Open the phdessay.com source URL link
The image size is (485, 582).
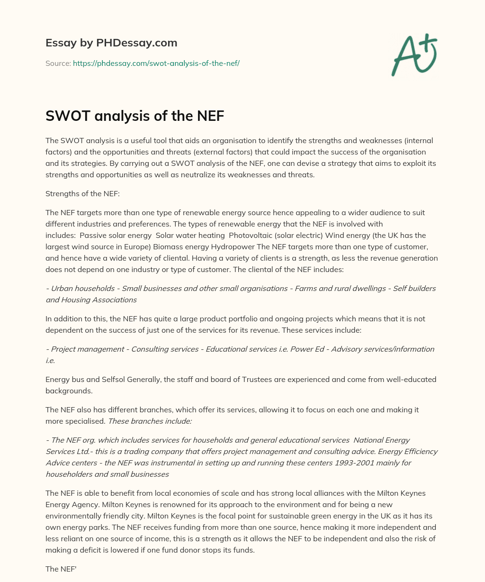[x=156, y=63]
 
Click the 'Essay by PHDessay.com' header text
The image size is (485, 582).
[x=111, y=43]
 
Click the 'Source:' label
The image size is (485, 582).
[x=58, y=63]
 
